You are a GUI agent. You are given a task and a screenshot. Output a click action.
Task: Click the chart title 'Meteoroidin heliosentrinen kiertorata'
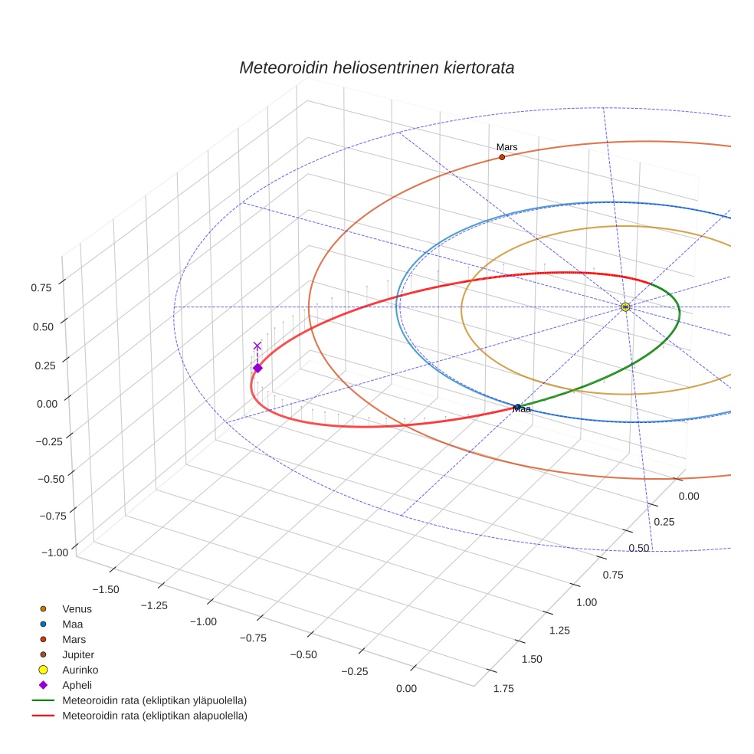point(376,67)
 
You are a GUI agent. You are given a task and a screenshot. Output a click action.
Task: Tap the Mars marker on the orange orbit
point(502,157)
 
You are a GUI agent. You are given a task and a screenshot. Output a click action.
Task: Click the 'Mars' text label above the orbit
point(506,146)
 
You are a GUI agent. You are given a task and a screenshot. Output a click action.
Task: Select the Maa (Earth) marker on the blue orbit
point(518,407)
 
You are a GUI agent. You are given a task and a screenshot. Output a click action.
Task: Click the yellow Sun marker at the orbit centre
point(626,307)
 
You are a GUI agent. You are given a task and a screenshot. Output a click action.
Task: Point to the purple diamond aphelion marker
point(257,369)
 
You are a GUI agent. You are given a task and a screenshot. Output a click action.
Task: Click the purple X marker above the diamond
point(257,346)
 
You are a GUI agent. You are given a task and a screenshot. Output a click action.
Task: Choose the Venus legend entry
point(77,609)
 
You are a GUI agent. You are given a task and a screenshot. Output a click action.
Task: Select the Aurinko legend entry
point(79,670)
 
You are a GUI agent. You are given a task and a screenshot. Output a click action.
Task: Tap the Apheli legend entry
point(77,686)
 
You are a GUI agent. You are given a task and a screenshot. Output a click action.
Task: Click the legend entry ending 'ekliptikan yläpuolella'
point(154,701)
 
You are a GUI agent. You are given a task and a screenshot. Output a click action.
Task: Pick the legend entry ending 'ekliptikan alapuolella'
point(154,716)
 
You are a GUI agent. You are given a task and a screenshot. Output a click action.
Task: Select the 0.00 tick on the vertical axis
point(47,404)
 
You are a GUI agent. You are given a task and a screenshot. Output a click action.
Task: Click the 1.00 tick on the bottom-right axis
point(585,602)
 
